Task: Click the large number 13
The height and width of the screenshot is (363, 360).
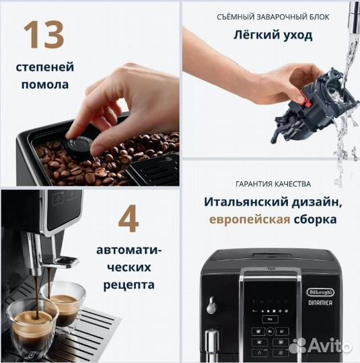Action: (x=45, y=35)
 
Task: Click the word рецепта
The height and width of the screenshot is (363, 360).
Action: (x=129, y=284)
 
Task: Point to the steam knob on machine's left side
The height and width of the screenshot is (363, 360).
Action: (x=212, y=304)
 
